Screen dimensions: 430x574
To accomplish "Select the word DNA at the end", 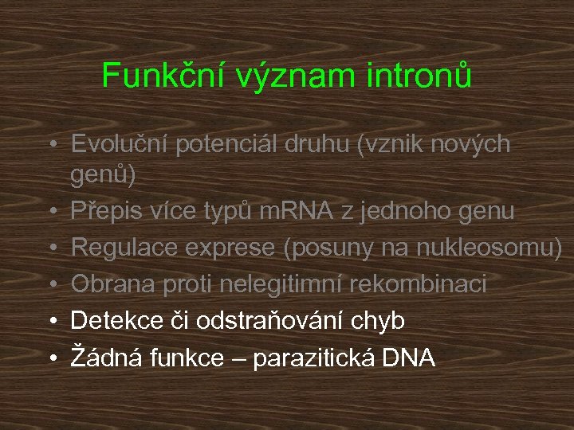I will click(x=408, y=358).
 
